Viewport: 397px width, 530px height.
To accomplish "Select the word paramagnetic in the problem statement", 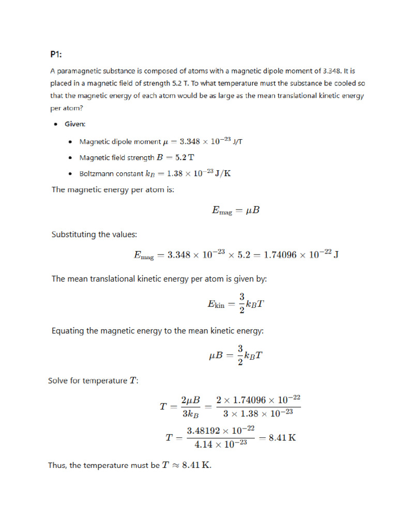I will click(79, 71).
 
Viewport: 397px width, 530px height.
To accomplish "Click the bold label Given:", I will click(75, 124).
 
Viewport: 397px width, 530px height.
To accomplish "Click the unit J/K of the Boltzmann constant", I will click(220, 173).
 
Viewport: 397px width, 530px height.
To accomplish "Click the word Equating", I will click(70, 331).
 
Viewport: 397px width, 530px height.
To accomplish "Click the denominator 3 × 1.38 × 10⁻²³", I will click(261, 414).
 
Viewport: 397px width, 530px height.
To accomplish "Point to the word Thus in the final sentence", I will click(57, 465).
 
